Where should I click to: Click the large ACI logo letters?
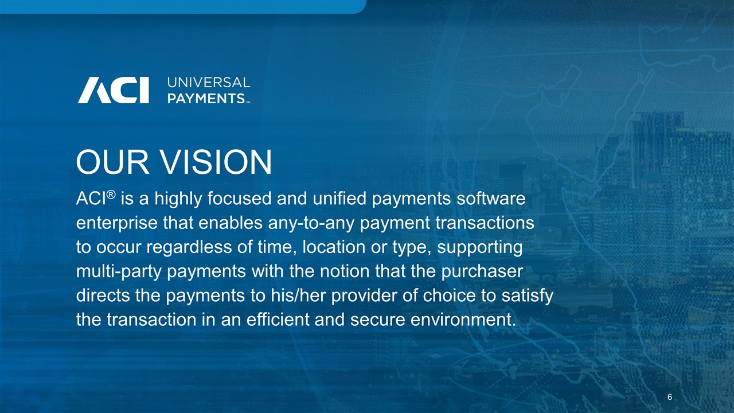(x=114, y=90)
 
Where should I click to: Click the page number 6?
(x=670, y=398)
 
